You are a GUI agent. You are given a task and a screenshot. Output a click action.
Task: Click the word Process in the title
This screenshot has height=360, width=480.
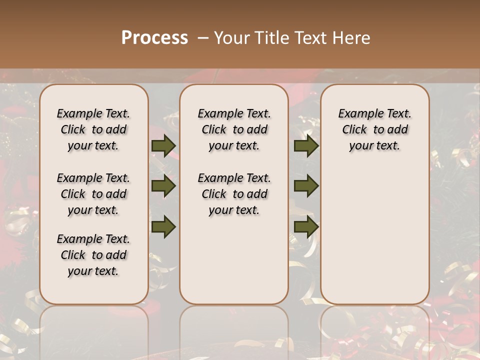[154, 38]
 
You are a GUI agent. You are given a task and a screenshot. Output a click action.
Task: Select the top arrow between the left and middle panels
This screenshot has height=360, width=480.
[163, 145]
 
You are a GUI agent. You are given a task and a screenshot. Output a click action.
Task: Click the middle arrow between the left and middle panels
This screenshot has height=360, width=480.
[163, 186]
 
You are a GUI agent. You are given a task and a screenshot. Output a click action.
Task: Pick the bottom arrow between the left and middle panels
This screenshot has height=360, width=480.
[163, 227]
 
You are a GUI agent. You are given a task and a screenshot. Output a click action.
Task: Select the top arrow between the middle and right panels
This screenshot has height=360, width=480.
[306, 145]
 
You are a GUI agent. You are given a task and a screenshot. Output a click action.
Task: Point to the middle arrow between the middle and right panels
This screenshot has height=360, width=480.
[306, 186]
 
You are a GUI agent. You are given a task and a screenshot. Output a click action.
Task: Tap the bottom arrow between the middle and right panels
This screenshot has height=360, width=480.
[306, 227]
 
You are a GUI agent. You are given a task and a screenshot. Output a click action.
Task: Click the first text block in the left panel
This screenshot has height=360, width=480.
[93, 129]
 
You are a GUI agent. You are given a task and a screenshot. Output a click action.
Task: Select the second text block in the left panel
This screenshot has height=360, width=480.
[93, 194]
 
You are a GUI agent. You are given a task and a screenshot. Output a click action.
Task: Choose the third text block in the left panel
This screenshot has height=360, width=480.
[93, 255]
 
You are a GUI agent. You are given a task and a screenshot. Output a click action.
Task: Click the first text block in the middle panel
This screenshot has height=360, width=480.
[234, 129]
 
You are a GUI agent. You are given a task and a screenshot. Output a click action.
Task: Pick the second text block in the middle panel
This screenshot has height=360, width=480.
[234, 194]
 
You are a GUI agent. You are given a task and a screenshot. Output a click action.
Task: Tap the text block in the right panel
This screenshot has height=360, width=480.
[374, 129]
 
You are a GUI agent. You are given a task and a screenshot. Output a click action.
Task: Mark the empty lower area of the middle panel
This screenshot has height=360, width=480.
[234, 260]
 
